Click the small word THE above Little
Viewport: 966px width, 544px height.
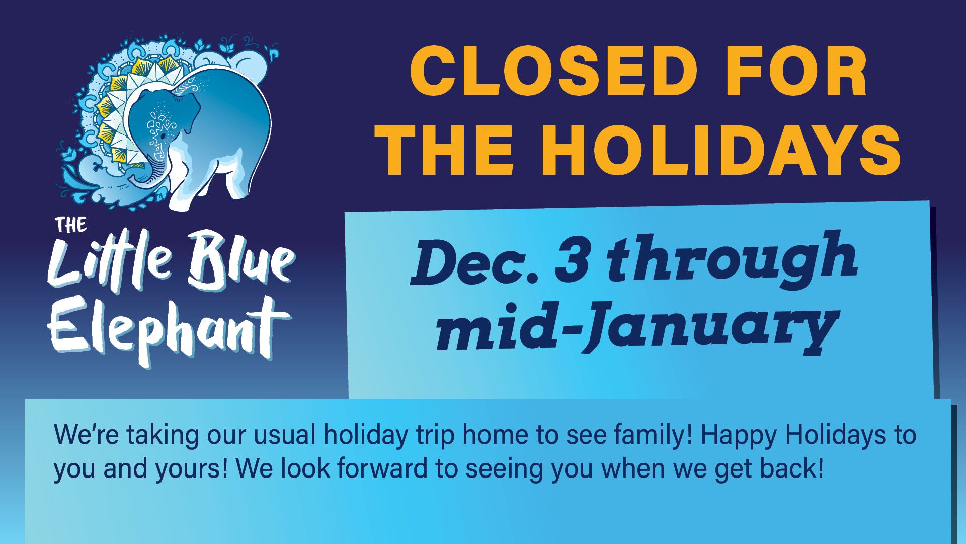[72, 225]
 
